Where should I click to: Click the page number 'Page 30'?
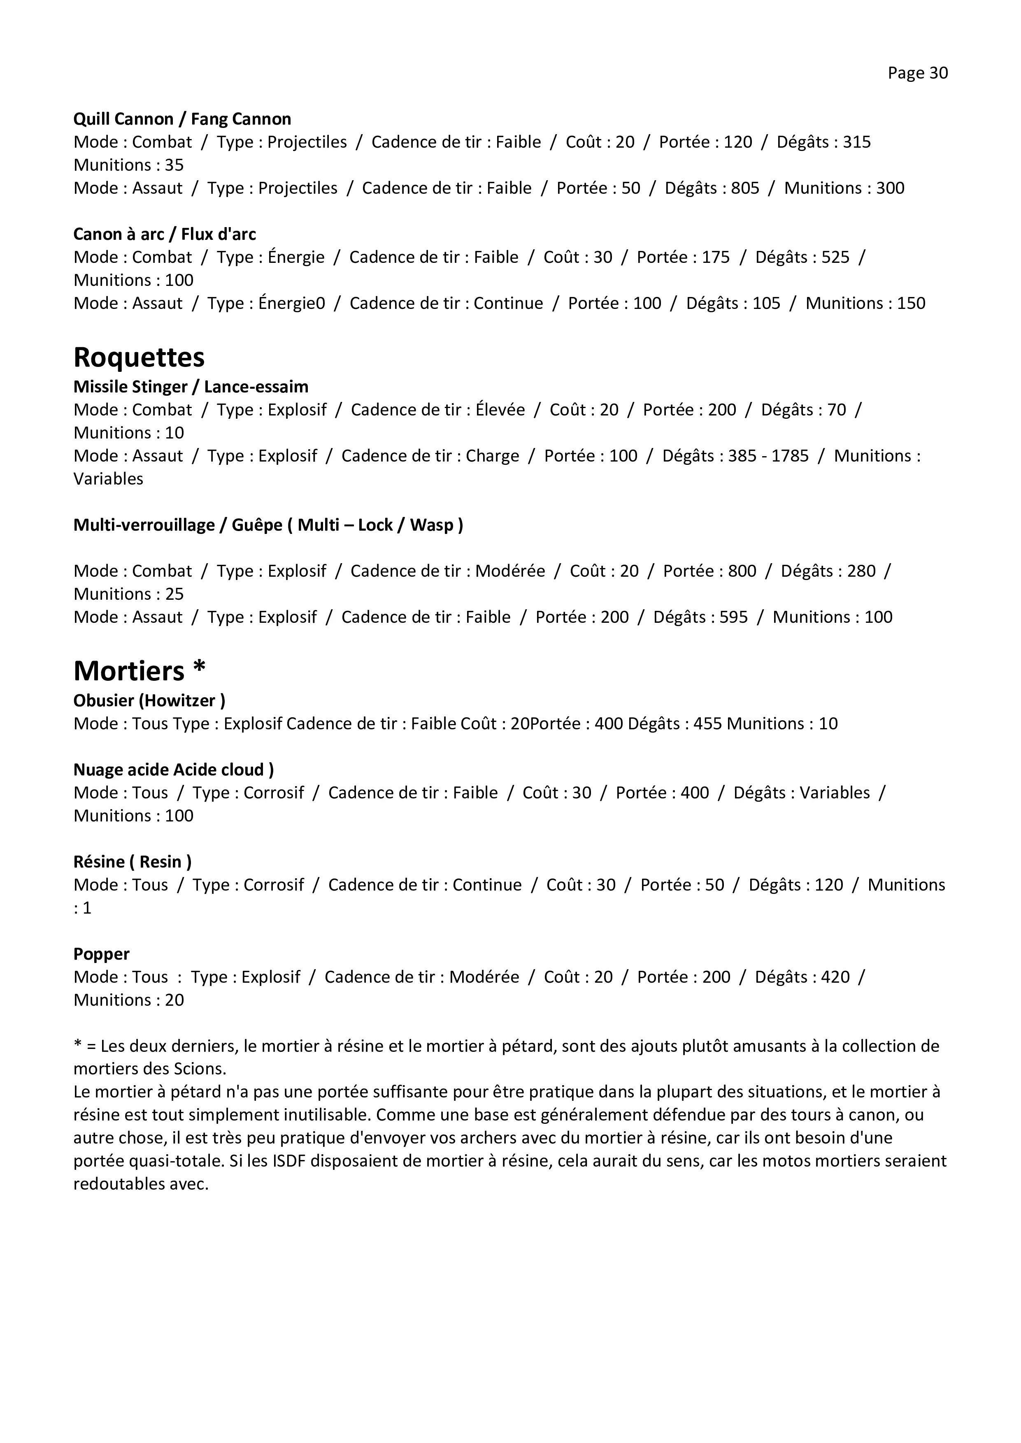917,74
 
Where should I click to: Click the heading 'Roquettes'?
139,357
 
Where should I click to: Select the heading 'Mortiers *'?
139,671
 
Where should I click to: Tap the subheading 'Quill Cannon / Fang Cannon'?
182,119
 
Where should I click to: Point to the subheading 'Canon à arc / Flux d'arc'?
165,234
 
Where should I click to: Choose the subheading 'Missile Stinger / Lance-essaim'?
191,387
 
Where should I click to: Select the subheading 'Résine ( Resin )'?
133,862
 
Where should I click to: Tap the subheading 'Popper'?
101,953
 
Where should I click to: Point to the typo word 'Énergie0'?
292,304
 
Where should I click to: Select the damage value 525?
835,257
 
